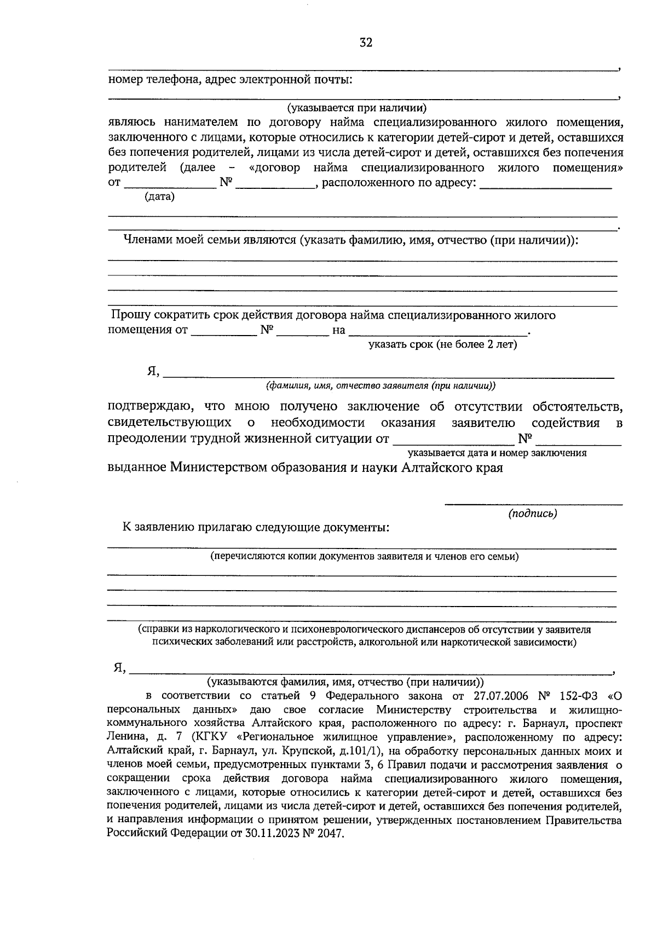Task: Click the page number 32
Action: coord(366,43)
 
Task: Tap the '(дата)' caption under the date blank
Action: coord(159,197)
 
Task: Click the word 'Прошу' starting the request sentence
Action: coord(131,315)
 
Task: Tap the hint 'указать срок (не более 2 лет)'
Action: coord(442,345)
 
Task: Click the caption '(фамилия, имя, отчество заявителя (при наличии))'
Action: coord(381,386)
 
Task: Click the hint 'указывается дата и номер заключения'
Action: coord(497,453)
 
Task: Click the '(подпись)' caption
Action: coord(532,513)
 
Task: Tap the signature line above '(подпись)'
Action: coord(532,504)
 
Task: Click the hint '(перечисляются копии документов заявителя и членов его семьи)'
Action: coord(365,557)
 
